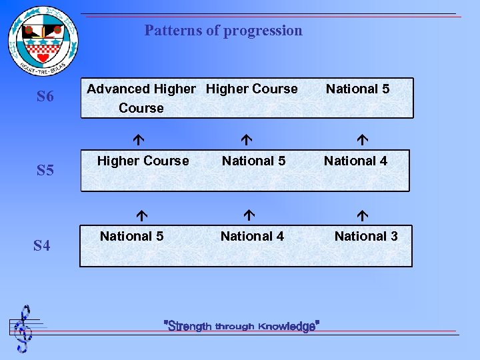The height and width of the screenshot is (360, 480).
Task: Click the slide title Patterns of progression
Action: pos(223,31)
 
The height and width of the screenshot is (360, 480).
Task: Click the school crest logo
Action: pos(43,41)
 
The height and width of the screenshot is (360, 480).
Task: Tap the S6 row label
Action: pos(45,97)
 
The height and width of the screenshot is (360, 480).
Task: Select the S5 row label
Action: pos(45,171)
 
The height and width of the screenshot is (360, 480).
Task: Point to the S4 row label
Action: pos(41,247)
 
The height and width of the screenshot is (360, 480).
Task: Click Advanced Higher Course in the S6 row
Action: pos(141,98)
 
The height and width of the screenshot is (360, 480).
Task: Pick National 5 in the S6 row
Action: pos(357,89)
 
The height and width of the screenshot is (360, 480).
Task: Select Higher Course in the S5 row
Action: pos(143,161)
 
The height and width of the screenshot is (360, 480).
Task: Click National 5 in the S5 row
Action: pos(253,161)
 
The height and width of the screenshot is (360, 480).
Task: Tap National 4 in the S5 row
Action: pos(355,161)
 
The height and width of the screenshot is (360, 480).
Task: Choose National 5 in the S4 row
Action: pos(131,236)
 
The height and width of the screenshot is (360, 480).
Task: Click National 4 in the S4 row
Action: pos(252,236)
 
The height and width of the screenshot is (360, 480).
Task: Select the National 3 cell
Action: pos(366,236)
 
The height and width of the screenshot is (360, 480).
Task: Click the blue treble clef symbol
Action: pos(24,329)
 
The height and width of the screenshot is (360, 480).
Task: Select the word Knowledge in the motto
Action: pos(287,326)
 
